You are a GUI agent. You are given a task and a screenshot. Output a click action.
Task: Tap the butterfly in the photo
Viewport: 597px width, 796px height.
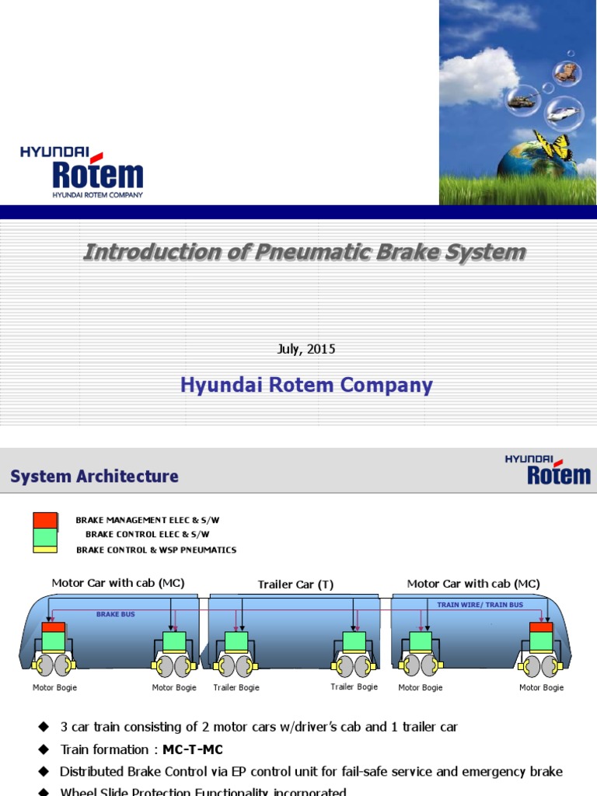(x=555, y=148)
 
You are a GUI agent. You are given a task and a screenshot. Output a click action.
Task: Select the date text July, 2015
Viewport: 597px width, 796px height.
(x=306, y=349)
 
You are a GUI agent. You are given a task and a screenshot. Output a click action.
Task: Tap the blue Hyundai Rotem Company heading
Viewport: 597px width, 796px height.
(x=306, y=386)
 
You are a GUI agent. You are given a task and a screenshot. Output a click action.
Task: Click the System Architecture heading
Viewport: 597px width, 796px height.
(x=94, y=477)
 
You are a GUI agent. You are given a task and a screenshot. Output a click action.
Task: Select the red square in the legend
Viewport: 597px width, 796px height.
(x=45, y=520)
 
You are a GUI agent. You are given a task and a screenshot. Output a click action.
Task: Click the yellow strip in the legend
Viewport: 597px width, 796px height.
(x=45, y=549)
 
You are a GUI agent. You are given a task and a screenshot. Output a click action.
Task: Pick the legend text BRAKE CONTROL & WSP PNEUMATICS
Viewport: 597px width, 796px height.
(x=156, y=550)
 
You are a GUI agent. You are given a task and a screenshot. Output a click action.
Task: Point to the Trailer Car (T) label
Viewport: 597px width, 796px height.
(x=295, y=585)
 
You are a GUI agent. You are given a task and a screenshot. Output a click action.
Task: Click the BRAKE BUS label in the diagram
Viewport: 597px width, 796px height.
(x=115, y=614)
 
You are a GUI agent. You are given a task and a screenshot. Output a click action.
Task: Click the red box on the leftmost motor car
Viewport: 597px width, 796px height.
(x=53, y=627)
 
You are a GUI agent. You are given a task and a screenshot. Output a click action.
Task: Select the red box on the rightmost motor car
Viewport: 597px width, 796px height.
(x=540, y=627)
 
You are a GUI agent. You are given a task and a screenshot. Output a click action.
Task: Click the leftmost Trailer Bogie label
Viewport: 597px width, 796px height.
(x=236, y=688)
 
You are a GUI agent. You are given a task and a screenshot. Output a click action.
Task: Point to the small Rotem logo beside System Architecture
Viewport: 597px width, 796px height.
(x=547, y=470)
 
